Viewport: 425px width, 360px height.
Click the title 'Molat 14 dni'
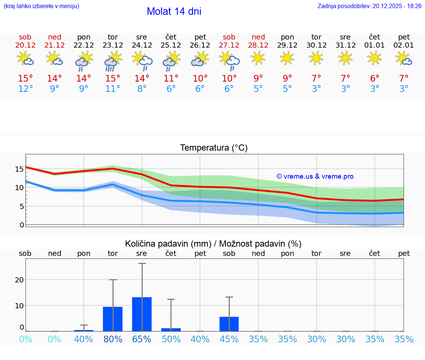tap(174, 11)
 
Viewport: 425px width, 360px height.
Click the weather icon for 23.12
tap(113, 61)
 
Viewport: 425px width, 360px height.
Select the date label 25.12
tap(171, 45)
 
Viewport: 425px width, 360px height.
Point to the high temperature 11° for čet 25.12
tap(171, 78)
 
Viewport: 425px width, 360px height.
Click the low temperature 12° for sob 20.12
tap(25, 89)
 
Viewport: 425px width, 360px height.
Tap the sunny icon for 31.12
tap(345, 58)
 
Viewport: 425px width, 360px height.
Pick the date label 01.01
tap(374, 45)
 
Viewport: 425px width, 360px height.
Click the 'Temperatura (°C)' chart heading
tap(214, 148)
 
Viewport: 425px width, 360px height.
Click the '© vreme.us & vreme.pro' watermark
tap(315, 176)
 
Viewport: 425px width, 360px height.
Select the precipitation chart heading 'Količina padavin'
tap(213, 244)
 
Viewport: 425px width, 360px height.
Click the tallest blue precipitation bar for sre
tap(142, 314)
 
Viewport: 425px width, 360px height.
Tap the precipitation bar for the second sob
tap(229, 324)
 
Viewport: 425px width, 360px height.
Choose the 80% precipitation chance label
tap(113, 339)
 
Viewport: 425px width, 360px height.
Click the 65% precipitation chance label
tap(142, 339)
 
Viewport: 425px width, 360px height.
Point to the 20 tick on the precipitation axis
tap(19, 280)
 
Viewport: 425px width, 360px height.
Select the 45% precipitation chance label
tap(229, 339)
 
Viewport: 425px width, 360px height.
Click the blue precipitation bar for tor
tap(113, 319)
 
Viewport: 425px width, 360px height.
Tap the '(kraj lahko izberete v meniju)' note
tap(41, 6)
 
